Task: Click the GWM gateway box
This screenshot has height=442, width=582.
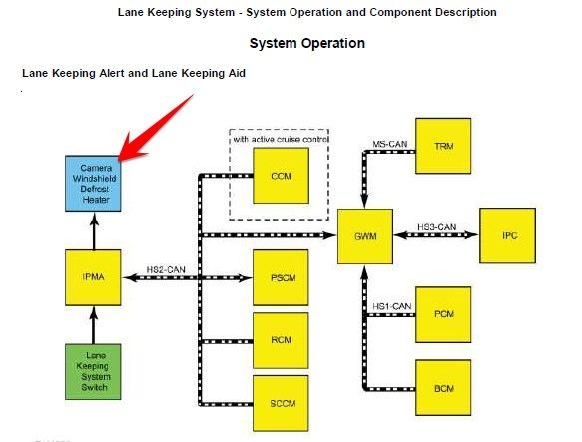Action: [x=364, y=236]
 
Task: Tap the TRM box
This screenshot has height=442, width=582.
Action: [x=443, y=146]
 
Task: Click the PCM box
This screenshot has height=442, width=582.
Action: [x=443, y=314]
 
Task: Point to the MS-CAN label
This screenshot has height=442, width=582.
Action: [x=389, y=145]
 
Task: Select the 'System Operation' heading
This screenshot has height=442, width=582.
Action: [x=306, y=44]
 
